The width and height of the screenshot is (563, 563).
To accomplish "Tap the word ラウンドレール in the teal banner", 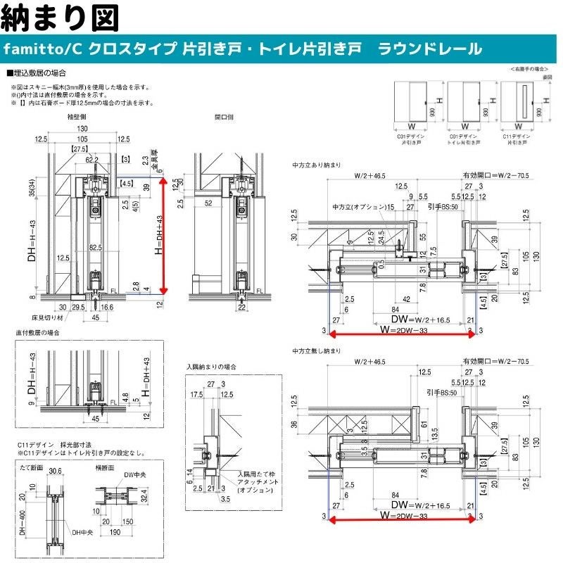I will [x=430, y=49].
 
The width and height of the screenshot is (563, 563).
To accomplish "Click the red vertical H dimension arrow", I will [x=164, y=235].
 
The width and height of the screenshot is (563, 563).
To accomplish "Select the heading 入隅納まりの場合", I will [x=211, y=367].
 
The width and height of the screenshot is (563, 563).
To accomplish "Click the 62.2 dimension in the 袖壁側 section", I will [x=91, y=160].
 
